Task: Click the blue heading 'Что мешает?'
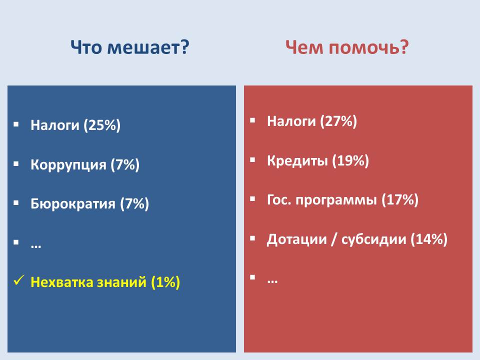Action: click(130, 48)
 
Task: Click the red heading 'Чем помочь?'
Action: click(347, 48)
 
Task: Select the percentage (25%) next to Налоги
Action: click(102, 125)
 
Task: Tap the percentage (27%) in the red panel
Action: click(338, 121)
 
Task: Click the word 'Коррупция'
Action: click(68, 165)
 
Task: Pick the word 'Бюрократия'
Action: click(73, 203)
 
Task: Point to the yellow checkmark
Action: click(19, 280)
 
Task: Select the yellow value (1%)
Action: click(165, 282)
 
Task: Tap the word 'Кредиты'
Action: click(297, 160)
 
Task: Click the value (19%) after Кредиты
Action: click(351, 160)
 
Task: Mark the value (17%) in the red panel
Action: click(400, 200)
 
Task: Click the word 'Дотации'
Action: click(297, 239)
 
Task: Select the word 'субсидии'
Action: click(373, 239)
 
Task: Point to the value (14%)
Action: click(429, 239)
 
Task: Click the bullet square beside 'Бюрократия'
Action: click(16, 202)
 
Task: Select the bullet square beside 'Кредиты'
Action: click(252, 160)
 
